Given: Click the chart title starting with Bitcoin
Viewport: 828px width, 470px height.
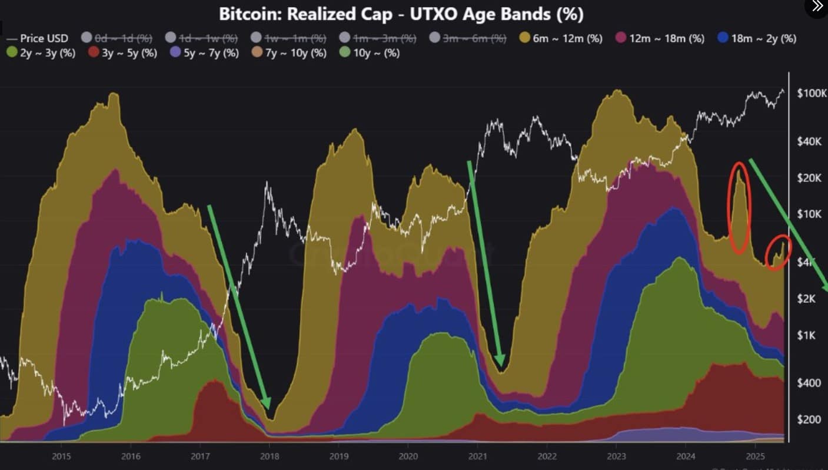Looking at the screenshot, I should pyautogui.click(x=401, y=15).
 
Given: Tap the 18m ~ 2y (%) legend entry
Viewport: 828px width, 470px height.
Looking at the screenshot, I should pyautogui.click(x=757, y=38).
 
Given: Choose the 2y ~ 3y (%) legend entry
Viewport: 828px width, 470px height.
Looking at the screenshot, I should pyautogui.click(x=41, y=53).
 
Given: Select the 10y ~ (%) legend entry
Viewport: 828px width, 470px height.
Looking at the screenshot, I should pyautogui.click(x=370, y=53).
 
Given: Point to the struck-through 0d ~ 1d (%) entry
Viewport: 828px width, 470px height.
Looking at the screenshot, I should pyautogui.click(x=117, y=38).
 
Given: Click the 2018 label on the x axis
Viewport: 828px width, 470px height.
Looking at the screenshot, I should pyautogui.click(x=270, y=455).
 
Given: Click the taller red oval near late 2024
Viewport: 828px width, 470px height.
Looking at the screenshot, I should pyautogui.click(x=740, y=207).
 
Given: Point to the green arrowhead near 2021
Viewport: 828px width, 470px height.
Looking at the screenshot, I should pyautogui.click(x=501, y=362).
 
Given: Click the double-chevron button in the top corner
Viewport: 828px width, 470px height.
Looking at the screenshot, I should pyautogui.click(x=817, y=6).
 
